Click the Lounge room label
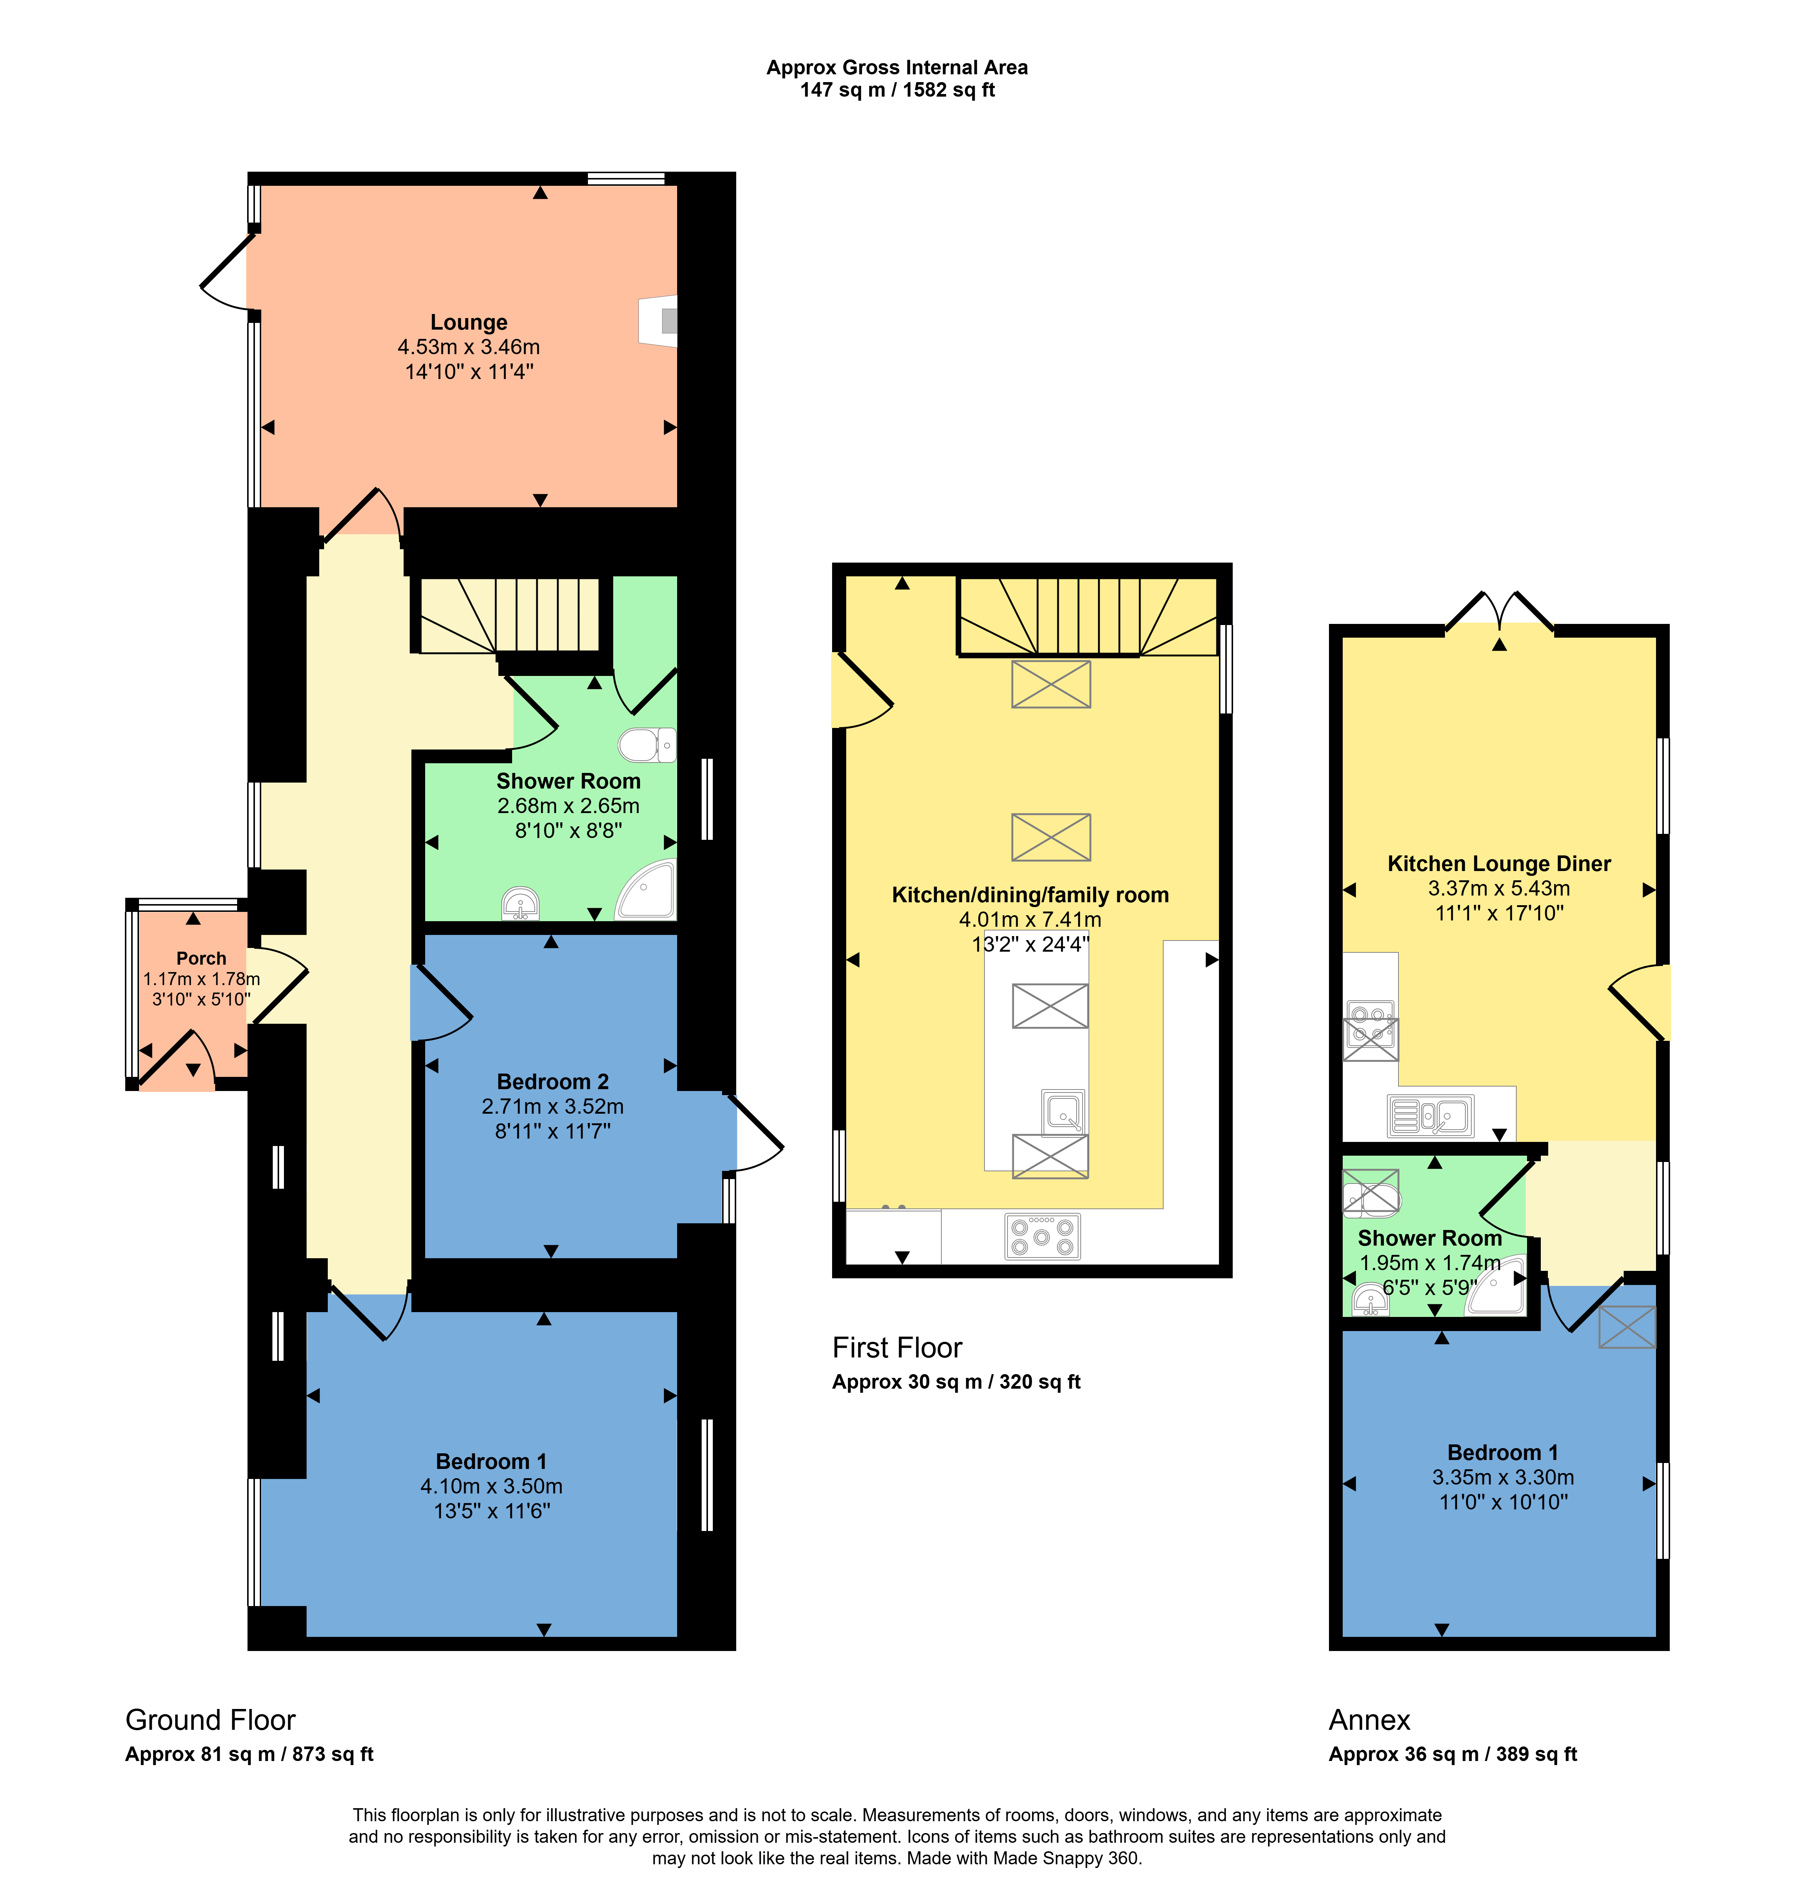tap(469, 323)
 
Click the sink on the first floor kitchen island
tap(1063, 1111)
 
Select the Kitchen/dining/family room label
tap(1031, 896)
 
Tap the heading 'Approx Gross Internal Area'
tap(897, 68)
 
